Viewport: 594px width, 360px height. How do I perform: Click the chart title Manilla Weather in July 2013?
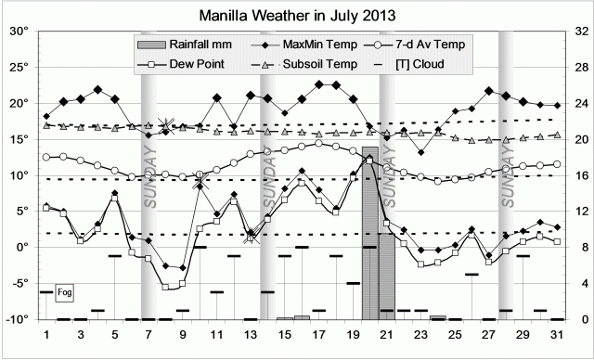tap(297, 16)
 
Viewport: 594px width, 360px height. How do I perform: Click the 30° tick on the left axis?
tap(19, 31)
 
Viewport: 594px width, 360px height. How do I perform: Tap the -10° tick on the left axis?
tap(17, 319)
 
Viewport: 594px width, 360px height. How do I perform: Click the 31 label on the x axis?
tap(556, 334)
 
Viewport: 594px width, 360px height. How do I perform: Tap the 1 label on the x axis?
tap(46, 334)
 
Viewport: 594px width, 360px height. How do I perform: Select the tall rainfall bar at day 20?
tap(369, 232)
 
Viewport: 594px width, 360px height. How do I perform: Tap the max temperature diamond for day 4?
tap(97, 89)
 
